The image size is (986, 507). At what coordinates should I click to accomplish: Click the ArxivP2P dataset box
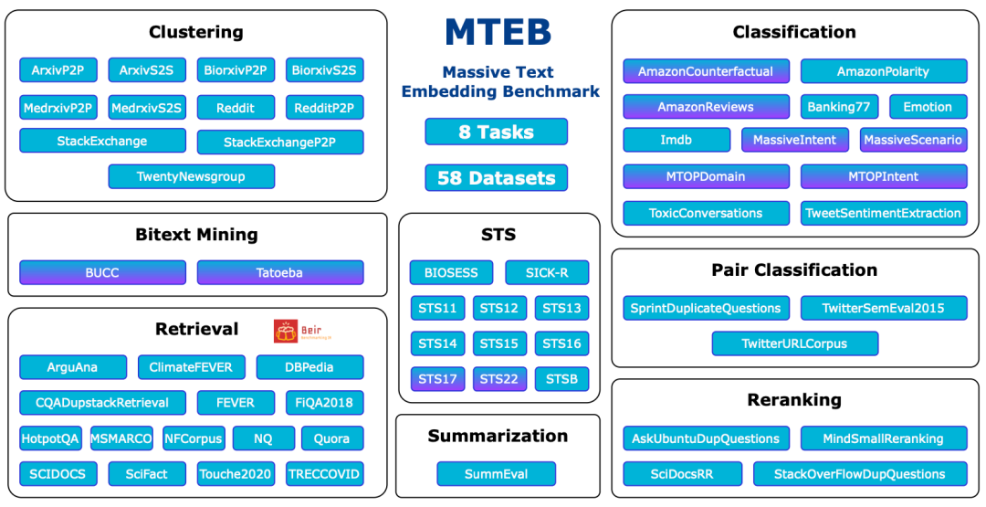(58, 70)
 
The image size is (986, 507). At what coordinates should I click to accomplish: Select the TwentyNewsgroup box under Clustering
(191, 176)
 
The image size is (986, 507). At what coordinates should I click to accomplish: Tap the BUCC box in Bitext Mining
(102, 272)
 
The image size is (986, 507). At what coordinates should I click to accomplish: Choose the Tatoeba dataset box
(280, 272)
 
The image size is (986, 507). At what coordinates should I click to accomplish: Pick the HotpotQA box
(50, 438)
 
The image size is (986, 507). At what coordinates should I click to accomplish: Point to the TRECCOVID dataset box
(324, 474)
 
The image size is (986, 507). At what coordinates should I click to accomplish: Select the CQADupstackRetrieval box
(102, 403)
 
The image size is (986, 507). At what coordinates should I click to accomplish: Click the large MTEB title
(498, 33)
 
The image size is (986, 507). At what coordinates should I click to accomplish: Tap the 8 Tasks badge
(496, 132)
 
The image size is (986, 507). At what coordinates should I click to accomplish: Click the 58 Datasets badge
(496, 178)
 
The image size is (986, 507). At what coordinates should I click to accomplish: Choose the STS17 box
(437, 379)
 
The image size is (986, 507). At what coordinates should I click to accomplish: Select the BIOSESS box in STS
(451, 272)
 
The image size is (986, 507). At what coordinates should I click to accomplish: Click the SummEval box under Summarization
(496, 474)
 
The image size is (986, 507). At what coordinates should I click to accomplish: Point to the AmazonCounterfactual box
(706, 71)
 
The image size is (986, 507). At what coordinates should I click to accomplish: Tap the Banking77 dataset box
(839, 107)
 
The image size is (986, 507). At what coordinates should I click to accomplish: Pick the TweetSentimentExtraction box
(883, 213)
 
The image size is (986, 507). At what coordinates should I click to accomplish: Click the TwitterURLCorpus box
(794, 344)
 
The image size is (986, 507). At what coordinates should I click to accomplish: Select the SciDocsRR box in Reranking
(682, 474)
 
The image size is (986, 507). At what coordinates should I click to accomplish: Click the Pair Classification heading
(793, 270)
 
